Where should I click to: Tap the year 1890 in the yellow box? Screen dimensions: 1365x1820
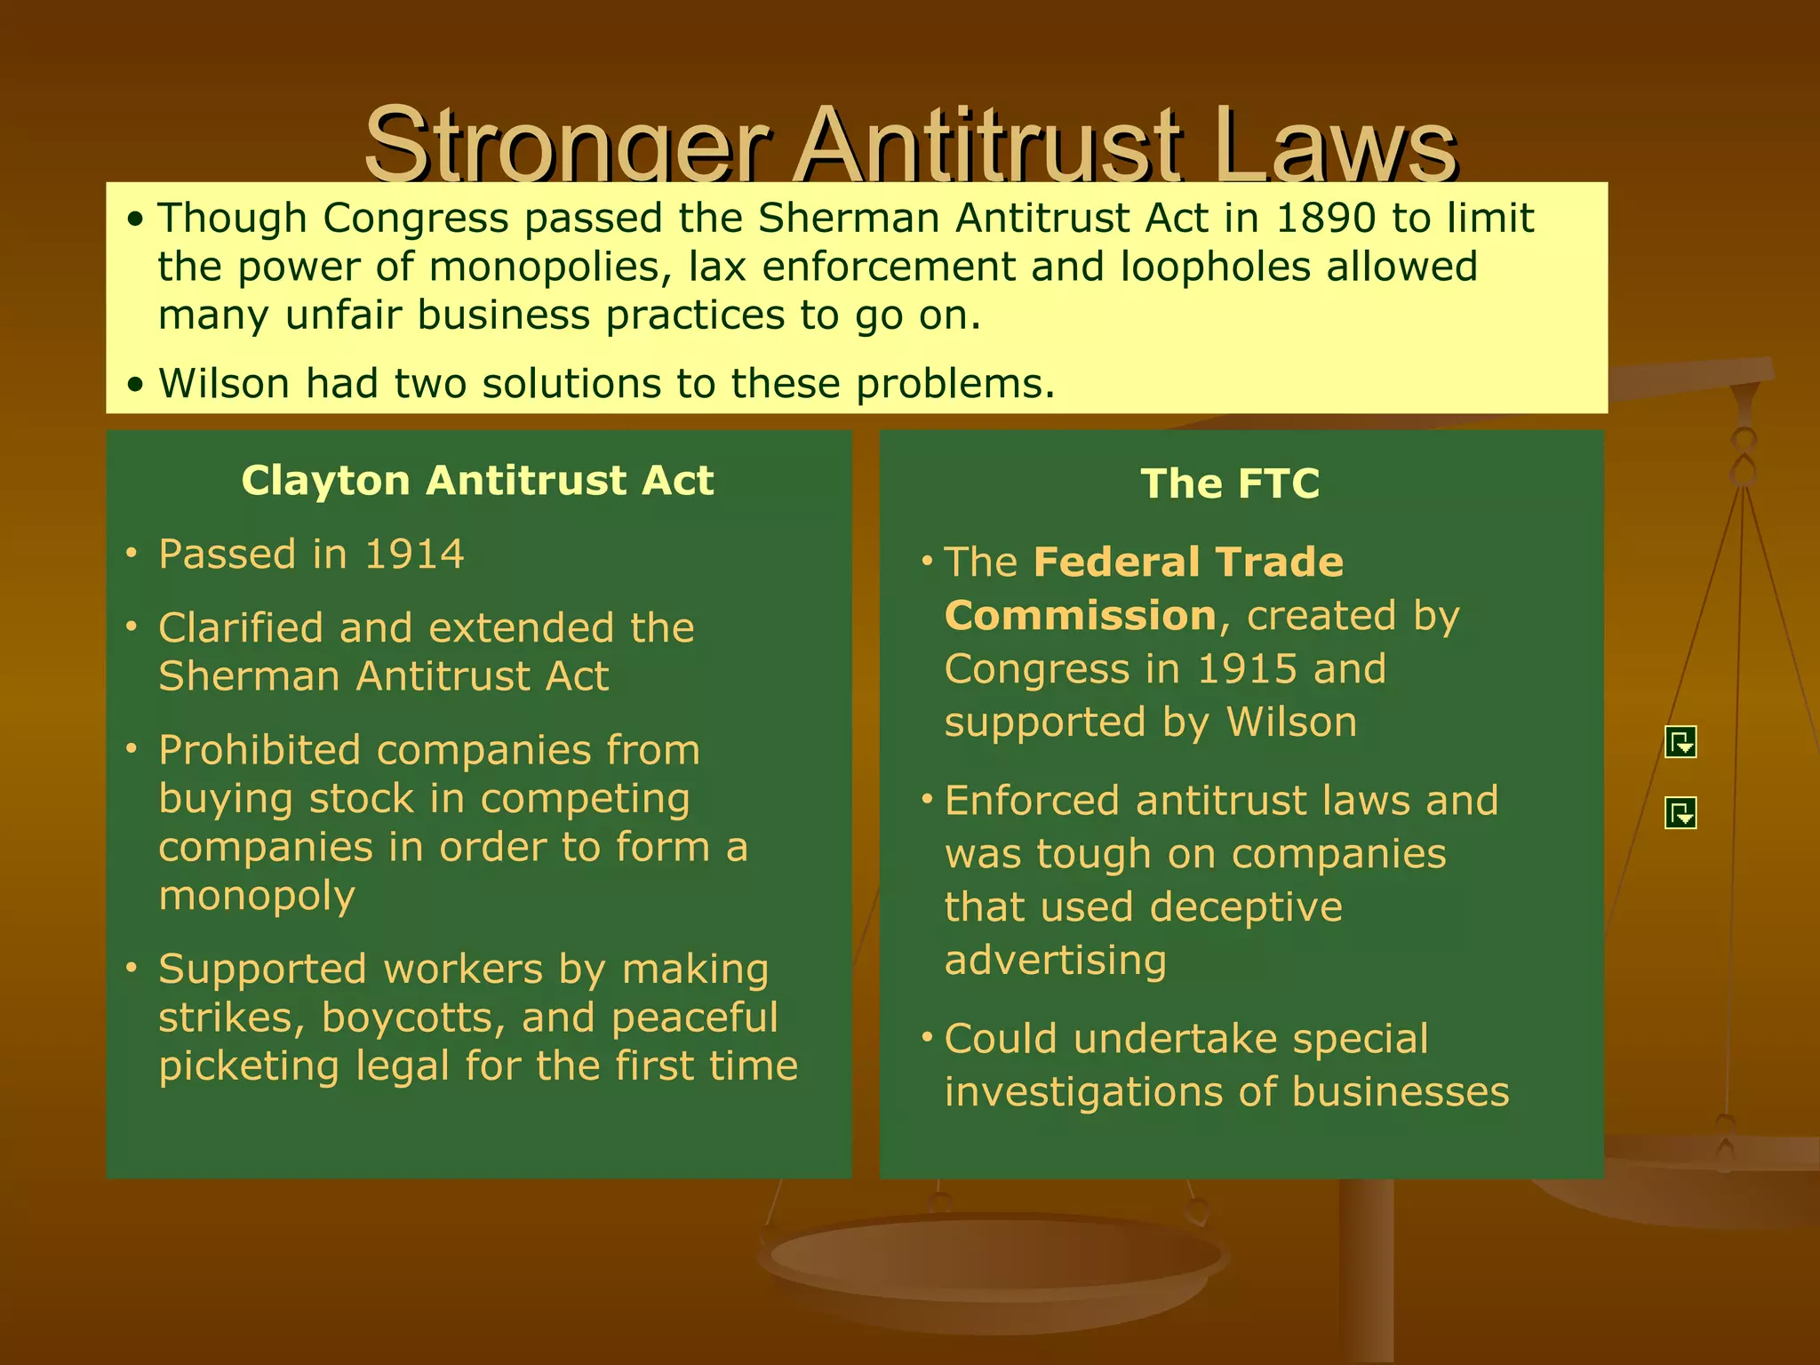[1325, 219]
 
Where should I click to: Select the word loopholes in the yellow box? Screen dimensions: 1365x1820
[1215, 267]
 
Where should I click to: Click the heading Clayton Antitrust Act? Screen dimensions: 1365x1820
[477, 481]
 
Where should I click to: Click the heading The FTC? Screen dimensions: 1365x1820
[1230, 484]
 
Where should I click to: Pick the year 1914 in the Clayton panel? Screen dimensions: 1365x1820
[414, 555]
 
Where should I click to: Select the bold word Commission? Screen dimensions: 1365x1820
[1080, 616]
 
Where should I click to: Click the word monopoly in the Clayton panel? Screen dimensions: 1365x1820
[257, 896]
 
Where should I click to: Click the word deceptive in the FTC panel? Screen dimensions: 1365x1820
[1246, 907]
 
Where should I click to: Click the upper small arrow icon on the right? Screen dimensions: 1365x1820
[1680, 742]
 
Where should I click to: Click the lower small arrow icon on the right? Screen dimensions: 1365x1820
[1680, 812]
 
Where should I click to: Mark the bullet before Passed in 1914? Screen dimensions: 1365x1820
[132, 554]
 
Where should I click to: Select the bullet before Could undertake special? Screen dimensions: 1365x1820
[927, 1038]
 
